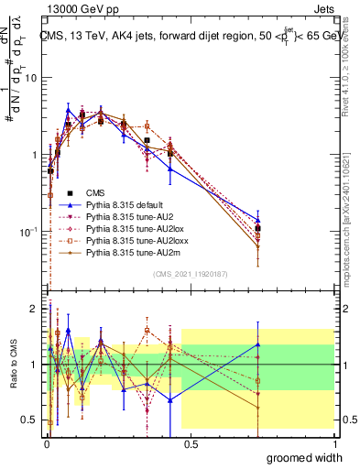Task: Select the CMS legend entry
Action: tap(94, 192)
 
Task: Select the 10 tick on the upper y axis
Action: tap(32, 78)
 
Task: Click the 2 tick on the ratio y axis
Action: tap(35, 309)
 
